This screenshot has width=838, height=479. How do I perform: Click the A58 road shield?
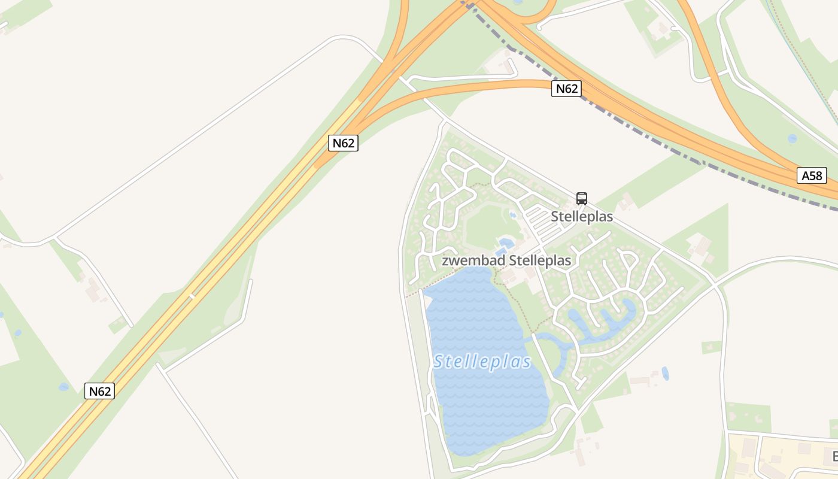click(812, 175)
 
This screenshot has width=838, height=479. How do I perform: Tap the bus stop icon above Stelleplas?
click(581, 198)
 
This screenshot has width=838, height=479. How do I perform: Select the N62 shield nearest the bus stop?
click(566, 89)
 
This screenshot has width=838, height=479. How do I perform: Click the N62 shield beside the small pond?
click(99, 391)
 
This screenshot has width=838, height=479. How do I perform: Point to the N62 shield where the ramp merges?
click(343, 143)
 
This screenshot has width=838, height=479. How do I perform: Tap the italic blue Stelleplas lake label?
click(482, 362)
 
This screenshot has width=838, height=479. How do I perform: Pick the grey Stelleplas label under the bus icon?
click(582, 216)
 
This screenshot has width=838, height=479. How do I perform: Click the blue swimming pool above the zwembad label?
click(505, 242)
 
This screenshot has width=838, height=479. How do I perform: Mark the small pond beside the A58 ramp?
click(792, 138)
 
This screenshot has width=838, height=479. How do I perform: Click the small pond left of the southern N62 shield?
click(63, 387)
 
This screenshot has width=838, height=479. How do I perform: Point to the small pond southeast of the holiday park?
click(665, 374)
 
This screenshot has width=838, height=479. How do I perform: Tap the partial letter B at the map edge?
click(834, 456)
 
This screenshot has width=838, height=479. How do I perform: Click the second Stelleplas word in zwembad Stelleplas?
click(540, 260)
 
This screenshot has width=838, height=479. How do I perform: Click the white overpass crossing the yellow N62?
click(192, 296)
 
